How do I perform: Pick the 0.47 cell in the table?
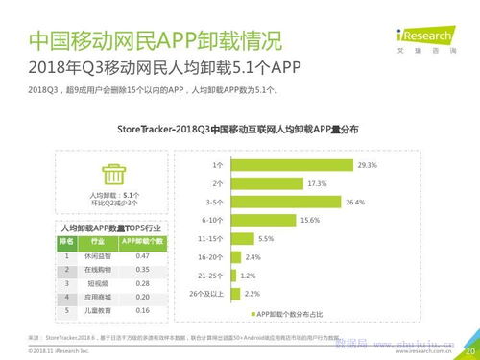[x=142, y=256]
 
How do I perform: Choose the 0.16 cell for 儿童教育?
[x=142, y=311]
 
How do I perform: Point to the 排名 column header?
[x=67, y=242]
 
